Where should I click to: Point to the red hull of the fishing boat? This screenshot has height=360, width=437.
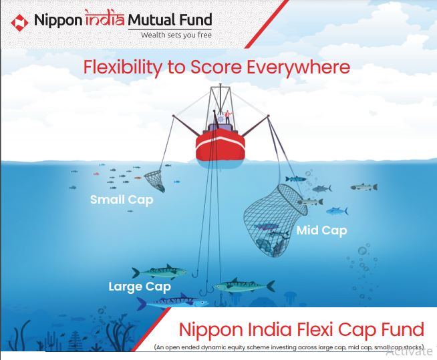(221, 148)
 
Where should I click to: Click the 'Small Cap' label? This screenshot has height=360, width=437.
(122, 200)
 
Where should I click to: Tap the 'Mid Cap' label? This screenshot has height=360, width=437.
(321, 230)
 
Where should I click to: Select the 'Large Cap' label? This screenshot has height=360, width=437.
(140, 287)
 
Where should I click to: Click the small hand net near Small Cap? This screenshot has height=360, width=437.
(156, 177)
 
